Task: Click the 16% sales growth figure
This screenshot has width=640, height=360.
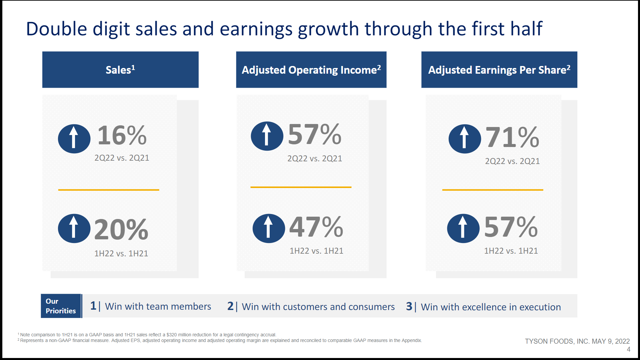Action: [122, 135]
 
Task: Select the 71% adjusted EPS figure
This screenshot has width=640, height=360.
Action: [512, 137]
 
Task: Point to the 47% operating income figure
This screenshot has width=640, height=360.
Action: [316, 227]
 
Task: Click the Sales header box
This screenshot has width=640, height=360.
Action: [120, 70]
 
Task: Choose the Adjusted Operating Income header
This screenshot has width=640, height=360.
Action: [311, 70]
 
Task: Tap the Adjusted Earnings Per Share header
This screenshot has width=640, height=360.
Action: [499, 70]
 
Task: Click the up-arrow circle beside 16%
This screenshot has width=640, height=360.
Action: [74, 139]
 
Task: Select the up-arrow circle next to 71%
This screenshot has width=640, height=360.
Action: [465, 139]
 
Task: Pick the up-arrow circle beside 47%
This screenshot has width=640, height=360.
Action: [269, 228]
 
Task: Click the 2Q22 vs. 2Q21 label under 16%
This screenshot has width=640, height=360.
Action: [122, 158]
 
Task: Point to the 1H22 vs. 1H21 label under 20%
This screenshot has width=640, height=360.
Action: [121, 253]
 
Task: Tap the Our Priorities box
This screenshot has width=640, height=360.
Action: [61, 306]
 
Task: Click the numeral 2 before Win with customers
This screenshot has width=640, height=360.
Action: [230, 306]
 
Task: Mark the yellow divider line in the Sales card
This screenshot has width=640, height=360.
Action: [109, 190]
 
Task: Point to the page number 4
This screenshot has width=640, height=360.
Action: [628, 349]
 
